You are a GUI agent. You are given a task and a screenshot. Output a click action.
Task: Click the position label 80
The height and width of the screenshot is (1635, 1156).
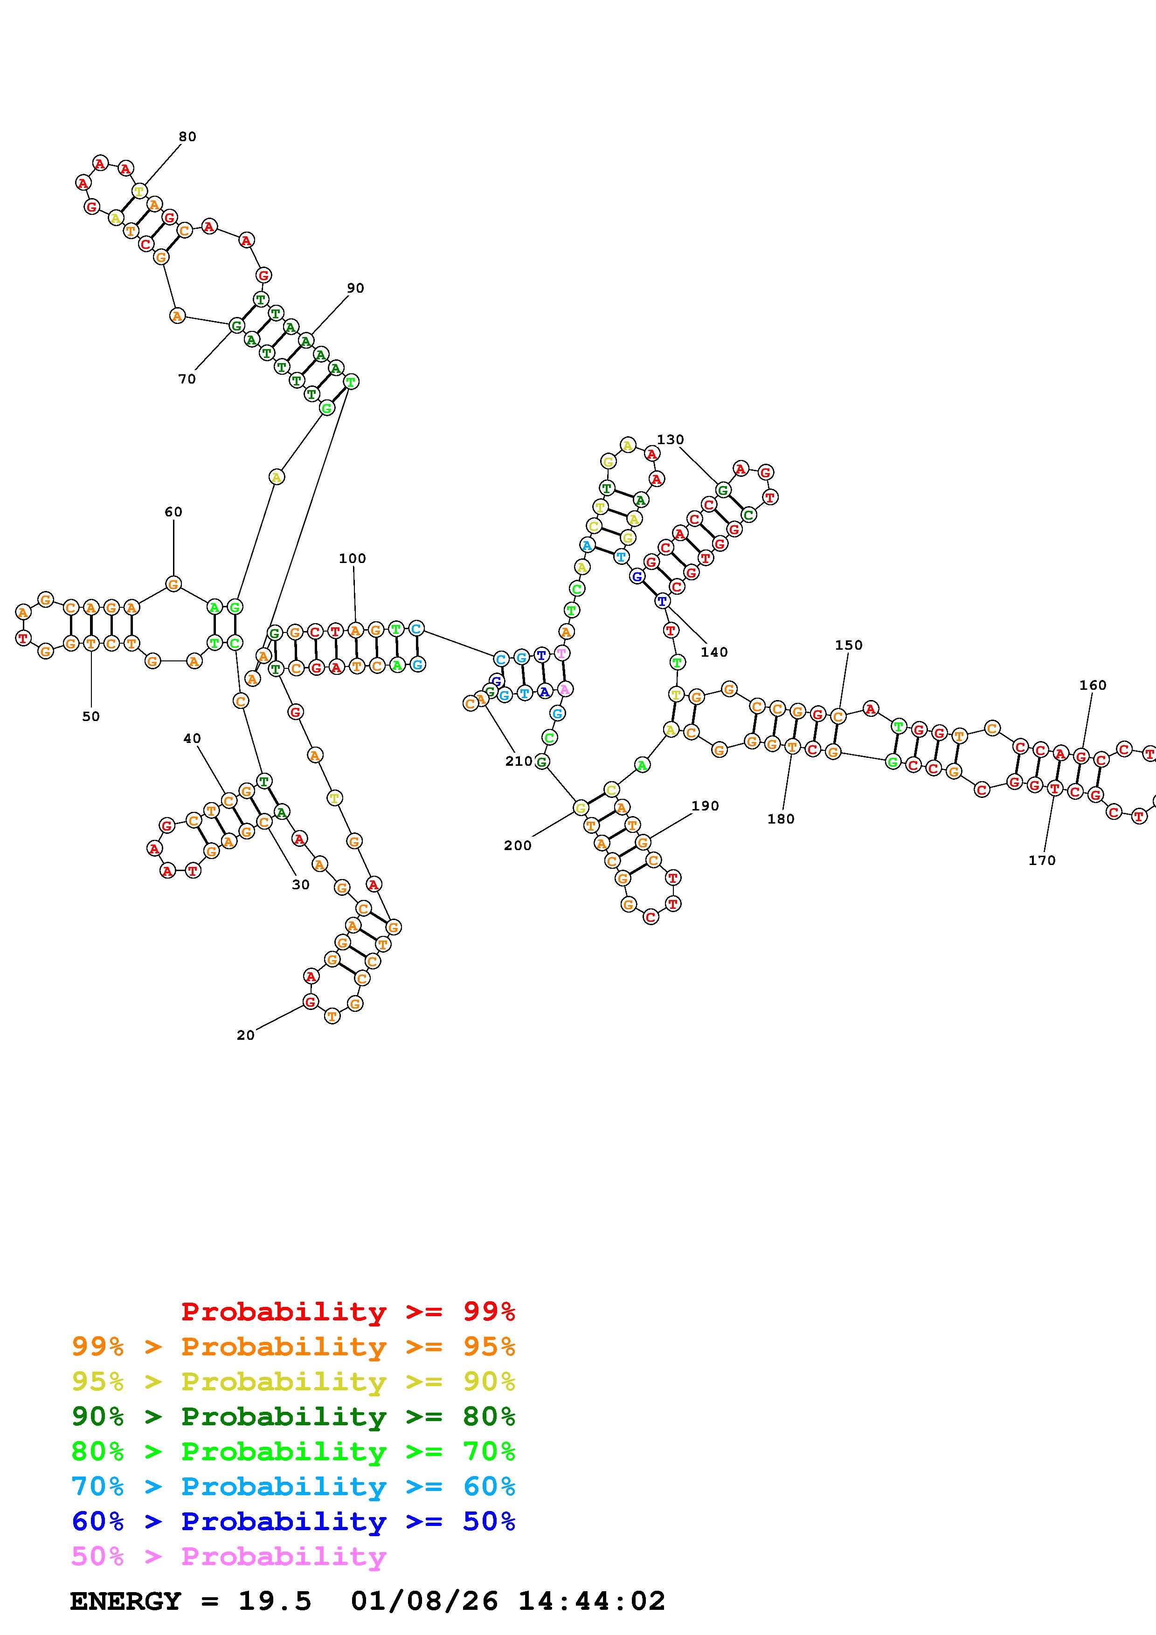187,137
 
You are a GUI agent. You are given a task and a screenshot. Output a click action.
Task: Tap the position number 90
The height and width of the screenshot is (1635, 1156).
355,289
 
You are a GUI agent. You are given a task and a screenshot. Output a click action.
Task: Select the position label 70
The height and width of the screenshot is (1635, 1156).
187,379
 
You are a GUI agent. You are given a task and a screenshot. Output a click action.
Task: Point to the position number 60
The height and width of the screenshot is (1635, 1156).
173,512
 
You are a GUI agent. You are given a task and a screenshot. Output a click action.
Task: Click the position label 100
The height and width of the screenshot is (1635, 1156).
353,558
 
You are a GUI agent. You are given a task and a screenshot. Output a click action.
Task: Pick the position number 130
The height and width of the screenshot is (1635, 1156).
670,440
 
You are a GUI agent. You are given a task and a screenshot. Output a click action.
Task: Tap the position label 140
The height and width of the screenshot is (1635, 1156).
714,653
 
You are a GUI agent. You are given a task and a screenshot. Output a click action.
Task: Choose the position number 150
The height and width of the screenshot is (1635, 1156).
848,645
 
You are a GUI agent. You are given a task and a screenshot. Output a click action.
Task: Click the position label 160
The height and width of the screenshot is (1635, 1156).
1093,686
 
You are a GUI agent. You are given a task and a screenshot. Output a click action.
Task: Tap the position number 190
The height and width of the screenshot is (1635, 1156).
705,806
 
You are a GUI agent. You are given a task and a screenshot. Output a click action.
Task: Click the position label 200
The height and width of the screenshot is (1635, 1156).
518,846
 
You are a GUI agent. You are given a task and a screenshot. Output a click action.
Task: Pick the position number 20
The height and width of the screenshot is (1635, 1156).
246,1036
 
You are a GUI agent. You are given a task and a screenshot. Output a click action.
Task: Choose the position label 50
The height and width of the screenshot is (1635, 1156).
91,717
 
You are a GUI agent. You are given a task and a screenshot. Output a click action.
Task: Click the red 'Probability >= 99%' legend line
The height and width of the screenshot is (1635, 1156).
347,1311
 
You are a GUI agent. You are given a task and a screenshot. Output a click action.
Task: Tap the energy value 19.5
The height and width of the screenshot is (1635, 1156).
275,1601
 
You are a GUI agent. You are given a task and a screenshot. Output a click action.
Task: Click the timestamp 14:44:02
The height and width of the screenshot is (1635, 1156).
591,1601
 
